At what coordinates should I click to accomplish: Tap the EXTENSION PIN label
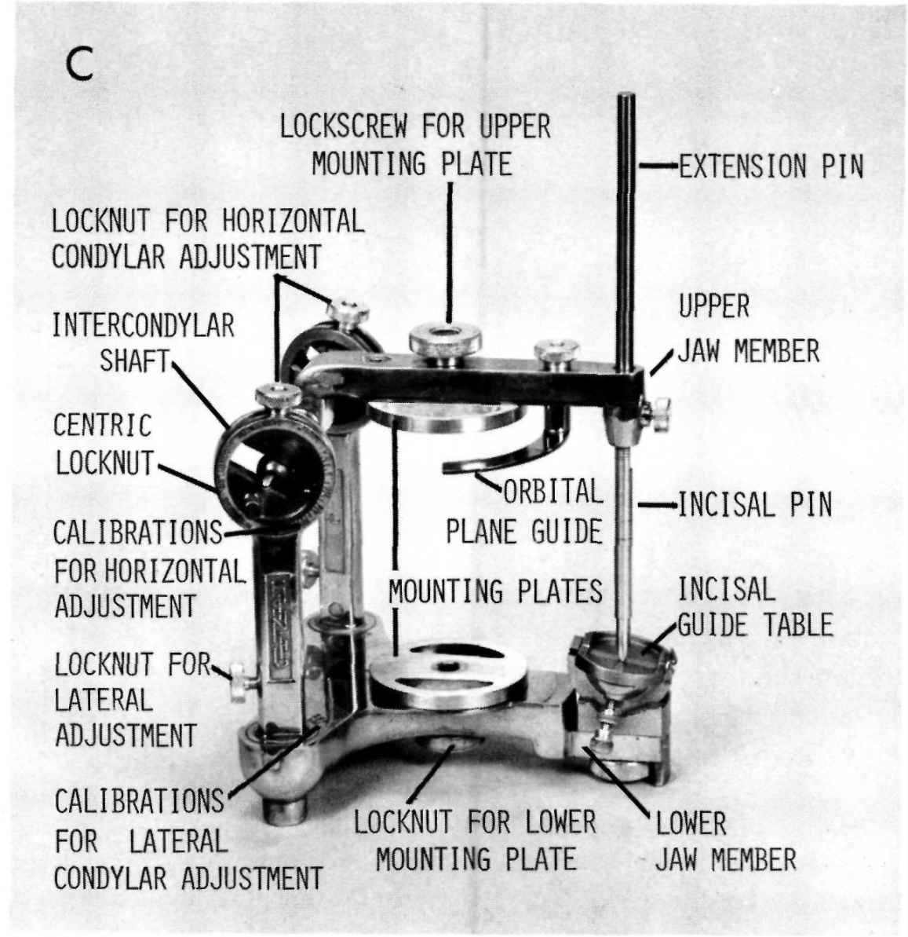[x=771, y=167]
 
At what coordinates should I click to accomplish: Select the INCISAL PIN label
[x=754, y=503]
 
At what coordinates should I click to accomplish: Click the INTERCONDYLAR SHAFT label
[x=143, y=342]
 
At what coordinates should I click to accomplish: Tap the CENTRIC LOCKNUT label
[x=104, y=445]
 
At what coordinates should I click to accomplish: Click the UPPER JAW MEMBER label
[x=748, y=328]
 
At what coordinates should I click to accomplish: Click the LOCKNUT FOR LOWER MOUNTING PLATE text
[x=476, y=840]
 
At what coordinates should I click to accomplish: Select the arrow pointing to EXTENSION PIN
[x=655, y=166]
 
